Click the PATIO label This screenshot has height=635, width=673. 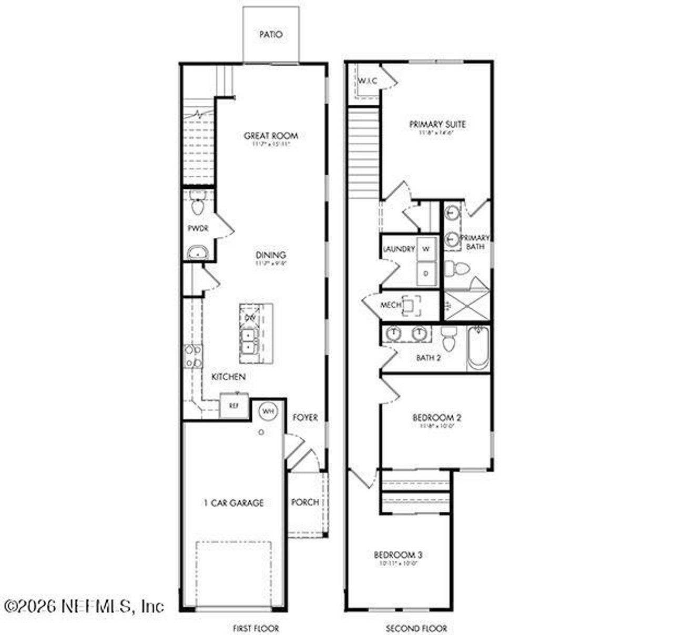tap(271, 35)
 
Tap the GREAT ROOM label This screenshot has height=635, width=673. tap(271, 136)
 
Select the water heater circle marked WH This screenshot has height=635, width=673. tap(268, 410)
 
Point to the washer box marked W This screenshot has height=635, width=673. tap(426, 249)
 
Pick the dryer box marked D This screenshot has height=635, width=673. tap(426, 274)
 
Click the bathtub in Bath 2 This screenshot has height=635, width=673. tap(478, 348)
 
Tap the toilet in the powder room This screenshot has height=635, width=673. tap(198, 205)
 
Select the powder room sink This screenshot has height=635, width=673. tap(198, 253)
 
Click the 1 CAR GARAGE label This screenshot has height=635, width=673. tap(233, 503)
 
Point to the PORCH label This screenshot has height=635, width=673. tap(305, 502)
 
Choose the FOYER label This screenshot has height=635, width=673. tap(305, 417)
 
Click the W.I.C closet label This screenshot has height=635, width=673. tap(368, 80)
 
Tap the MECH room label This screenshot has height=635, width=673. tap(391, 305)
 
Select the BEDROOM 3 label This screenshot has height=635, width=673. tap(398, 555)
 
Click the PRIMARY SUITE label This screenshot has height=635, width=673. tap(437, 125)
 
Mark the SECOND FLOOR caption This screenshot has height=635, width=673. tap(416, 628)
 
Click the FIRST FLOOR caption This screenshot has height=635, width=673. tap(256, 628)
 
